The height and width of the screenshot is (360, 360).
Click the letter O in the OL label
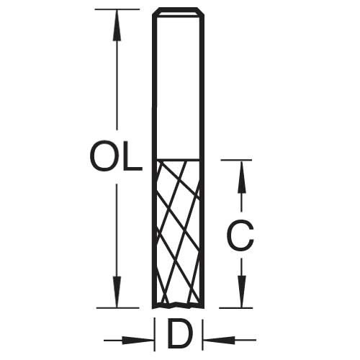click(103, 157)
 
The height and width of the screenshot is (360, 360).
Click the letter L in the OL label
click(132, 157)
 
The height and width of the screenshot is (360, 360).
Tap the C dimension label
click(240, 236)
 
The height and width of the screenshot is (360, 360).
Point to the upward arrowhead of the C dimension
click(242, 176)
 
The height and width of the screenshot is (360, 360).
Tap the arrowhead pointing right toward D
click(138, 340)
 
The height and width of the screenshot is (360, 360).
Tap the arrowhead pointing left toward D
click(220, 340)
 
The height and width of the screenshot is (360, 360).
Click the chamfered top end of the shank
click(178, 12)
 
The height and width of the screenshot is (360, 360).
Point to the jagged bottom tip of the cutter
click(178, 305)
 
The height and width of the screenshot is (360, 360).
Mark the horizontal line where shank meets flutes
click(178, 159)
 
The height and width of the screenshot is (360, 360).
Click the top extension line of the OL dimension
click(117, 9)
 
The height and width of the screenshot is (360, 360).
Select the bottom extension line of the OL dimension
click(118, 307)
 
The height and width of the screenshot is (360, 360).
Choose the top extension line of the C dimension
click(237, 160)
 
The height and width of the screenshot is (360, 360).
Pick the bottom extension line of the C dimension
click(236, 308)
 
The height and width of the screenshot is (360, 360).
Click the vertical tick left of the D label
click(154, 334)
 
